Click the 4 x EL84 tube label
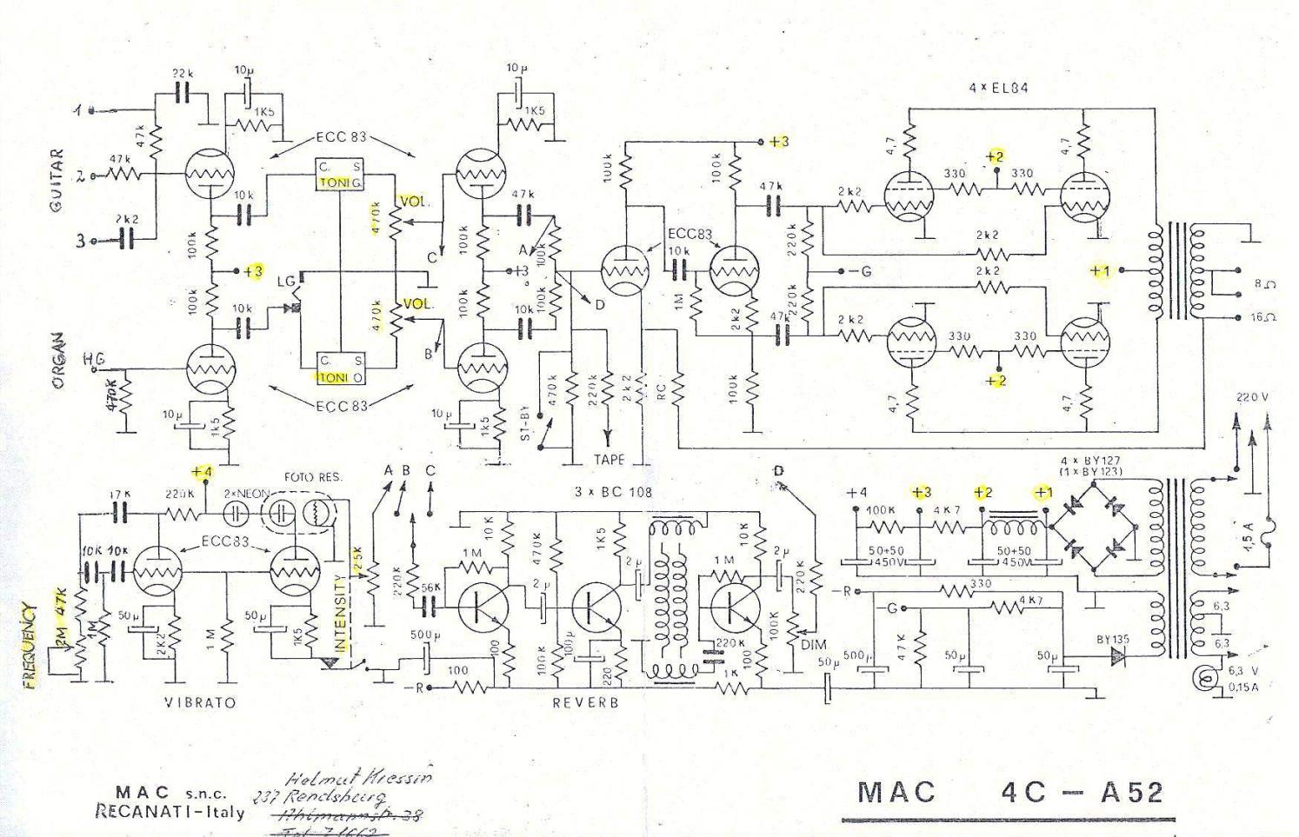(1000, 88)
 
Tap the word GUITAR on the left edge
(57, 181)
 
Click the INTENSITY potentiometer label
(341, 614)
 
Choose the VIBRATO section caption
(200, 701)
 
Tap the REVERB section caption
(585, 702)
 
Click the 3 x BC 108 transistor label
(613, 492)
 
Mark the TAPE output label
(609, 459)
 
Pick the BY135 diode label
(1113, 639)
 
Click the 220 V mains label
(1253, 397)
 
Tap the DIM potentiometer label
(815, 645)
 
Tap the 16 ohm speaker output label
(1263, 317)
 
